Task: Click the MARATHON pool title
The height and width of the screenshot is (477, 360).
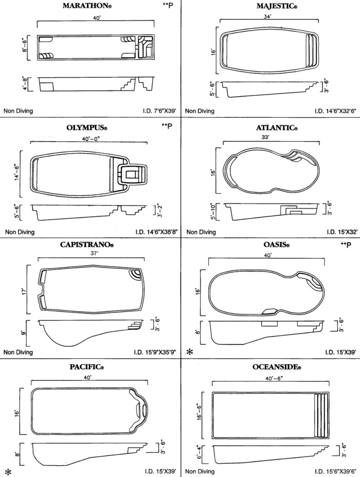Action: [x=85, y=6]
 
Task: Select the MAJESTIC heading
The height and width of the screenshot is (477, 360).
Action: [x=277, y=6]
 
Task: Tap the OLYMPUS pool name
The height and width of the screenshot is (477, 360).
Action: [x=87, y=128]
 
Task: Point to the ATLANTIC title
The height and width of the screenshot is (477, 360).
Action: [x=277, y=128]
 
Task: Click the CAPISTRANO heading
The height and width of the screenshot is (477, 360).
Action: [x=87, y=245]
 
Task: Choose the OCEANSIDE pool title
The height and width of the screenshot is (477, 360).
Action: [x=277, y=367]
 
